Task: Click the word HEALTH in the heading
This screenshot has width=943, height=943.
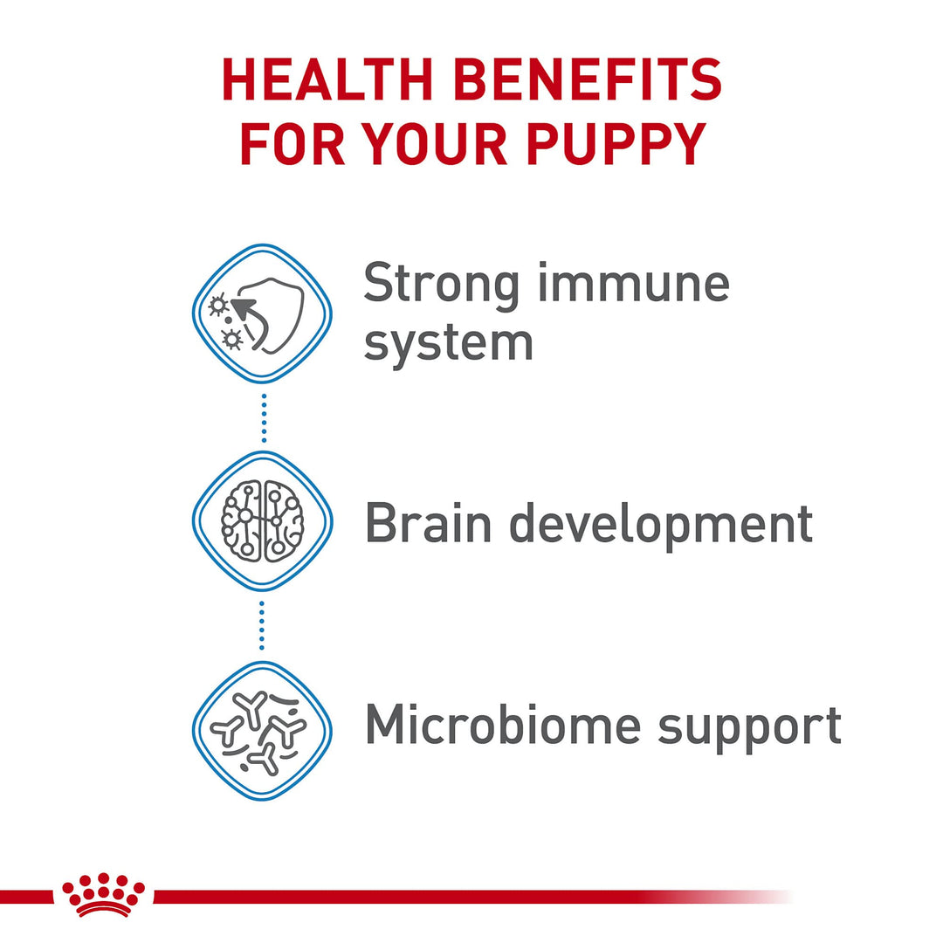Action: (327, 79)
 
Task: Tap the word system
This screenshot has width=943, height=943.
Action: (449, 344)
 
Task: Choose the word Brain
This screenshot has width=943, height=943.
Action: (428, 522)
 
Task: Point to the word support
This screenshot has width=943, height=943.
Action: (749, 727)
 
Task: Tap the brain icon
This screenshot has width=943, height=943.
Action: (262, 520)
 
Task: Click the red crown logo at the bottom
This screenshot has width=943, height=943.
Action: (103, 894)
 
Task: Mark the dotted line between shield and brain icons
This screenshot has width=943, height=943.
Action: (264, 418)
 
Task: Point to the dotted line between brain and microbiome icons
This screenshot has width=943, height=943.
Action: (262, 625)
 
